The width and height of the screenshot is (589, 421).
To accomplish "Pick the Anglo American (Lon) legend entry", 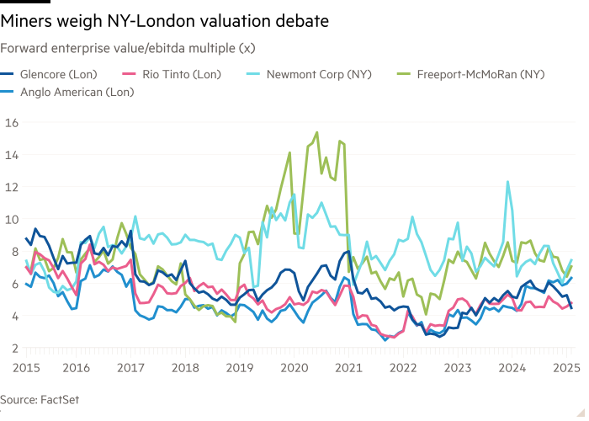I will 75,92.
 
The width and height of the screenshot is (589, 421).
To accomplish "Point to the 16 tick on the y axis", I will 12,122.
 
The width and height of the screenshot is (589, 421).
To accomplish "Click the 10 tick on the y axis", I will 12,219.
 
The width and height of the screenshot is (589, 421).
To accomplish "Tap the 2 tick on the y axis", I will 14,348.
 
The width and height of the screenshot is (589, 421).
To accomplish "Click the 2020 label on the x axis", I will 294,367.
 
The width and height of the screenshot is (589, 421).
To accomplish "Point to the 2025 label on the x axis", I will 566,367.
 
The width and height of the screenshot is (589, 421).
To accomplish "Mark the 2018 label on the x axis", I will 186,367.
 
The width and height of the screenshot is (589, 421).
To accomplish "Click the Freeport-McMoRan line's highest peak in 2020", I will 316,132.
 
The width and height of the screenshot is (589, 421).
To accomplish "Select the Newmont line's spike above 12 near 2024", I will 507,181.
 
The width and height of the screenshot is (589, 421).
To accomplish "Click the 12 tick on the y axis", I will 12,187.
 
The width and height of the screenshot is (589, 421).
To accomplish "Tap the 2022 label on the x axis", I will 403,367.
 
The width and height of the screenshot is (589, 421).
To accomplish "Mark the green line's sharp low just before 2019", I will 235,321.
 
